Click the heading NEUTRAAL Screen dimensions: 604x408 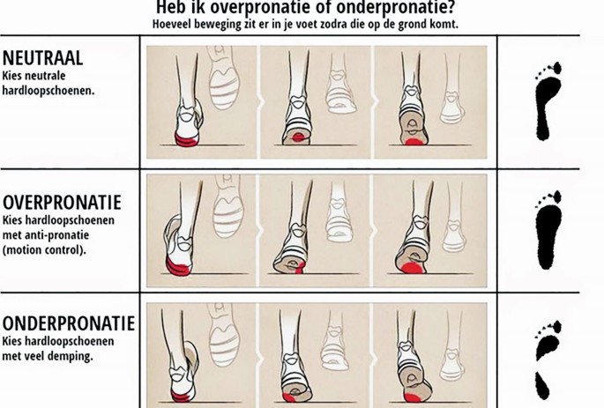click(x=42, y=58)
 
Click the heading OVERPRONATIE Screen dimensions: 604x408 click(x=62, y=202)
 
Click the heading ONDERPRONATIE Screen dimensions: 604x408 click(x=69, y=323)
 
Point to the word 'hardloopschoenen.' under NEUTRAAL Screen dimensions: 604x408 click(x=48, y=91)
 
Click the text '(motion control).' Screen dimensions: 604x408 click(x=44, y=249)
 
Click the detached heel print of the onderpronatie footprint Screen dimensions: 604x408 click(x=542, y=386)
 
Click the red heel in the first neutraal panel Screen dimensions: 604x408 click(x=187, y=140)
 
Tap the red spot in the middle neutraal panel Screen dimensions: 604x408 click(x=299, y=137)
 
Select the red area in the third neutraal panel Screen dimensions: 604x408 click(x=414, y=141)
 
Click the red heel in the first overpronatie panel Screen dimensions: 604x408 click(x=177, y=267)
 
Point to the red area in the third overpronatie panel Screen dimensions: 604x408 click(x=412, y=268)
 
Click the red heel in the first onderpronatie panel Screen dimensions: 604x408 click(x=180, y=397)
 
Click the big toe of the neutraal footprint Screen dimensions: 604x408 click(x=557, y=68)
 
